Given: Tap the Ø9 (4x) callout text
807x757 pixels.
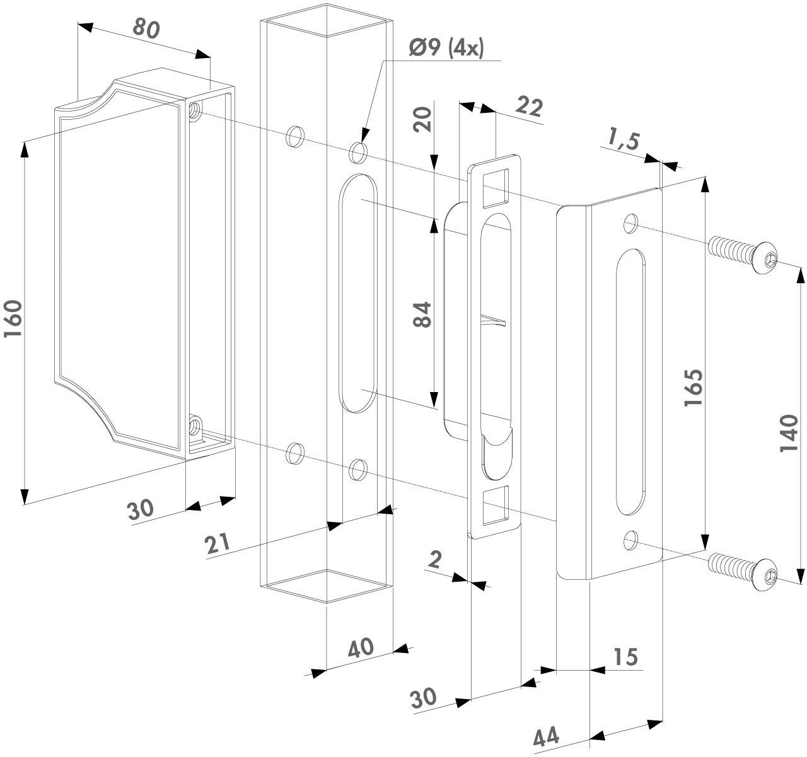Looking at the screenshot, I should tap(446, 49).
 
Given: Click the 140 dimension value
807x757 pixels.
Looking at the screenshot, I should tap(789, 434).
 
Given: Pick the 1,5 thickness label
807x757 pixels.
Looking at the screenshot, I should tap(623, 137).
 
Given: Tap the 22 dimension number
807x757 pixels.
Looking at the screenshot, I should tap(528, 108).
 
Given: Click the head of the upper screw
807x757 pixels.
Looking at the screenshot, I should tap(765, 257).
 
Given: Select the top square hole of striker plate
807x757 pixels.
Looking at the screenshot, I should tap(496, 187).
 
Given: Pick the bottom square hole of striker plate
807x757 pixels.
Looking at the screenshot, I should tap(496, 506).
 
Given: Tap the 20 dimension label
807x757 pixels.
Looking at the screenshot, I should tap(426, 118).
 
